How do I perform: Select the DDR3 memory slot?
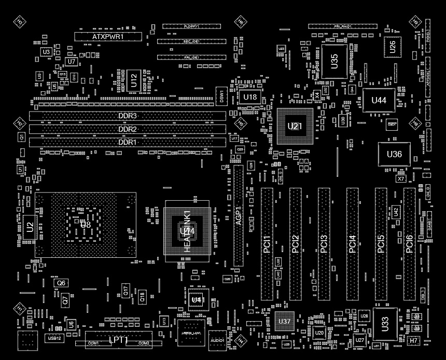pos(127,116)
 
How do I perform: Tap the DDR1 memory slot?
pos(127,142)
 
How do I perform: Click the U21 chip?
pos(295,126)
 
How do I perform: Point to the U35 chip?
pos(334,61)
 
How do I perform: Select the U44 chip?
pos(379,100)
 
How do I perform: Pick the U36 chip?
pos(394,154)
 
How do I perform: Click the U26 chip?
pos(393,47)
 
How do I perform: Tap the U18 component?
pos(250,97)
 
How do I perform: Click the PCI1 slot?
pos(267,244)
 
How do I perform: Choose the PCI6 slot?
pos(409,244)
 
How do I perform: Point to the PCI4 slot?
pos(352,244)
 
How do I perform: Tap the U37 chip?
pos(284,322)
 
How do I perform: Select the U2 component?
pos(30,226)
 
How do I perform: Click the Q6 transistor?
pos(61,283)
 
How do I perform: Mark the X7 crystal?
pos(400,178)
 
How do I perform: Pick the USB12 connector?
pos(54,338)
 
